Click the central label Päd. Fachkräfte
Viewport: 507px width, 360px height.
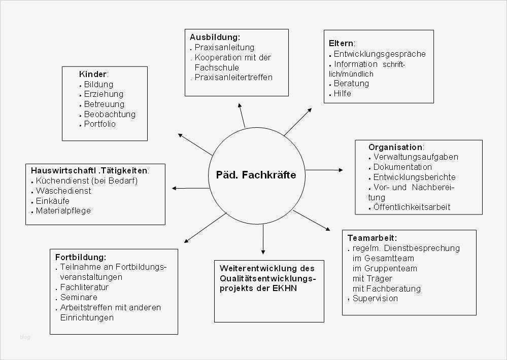point(252,175)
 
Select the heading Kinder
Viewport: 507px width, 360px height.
point(93,74)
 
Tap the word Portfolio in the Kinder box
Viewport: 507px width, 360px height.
point(99,124)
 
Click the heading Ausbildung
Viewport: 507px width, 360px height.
point(214,37)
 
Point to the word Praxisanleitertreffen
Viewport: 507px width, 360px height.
point(234,78)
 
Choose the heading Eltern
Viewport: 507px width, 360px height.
point(341,43)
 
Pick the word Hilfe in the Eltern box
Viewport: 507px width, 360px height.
point(342,93)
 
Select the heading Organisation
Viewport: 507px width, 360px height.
point(395,147)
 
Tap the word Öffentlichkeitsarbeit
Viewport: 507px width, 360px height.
point(412,207)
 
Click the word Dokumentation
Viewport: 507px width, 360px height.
point(402,167)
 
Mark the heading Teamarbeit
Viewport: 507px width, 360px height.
point(371,237)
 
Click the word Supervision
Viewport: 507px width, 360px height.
point(375,298)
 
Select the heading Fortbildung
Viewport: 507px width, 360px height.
point(80,257)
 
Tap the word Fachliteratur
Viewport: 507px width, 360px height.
point(84,287)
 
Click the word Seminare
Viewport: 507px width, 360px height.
point(79,297)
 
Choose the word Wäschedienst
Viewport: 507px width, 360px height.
point(63,191)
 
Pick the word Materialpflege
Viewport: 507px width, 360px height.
point(63,211)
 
